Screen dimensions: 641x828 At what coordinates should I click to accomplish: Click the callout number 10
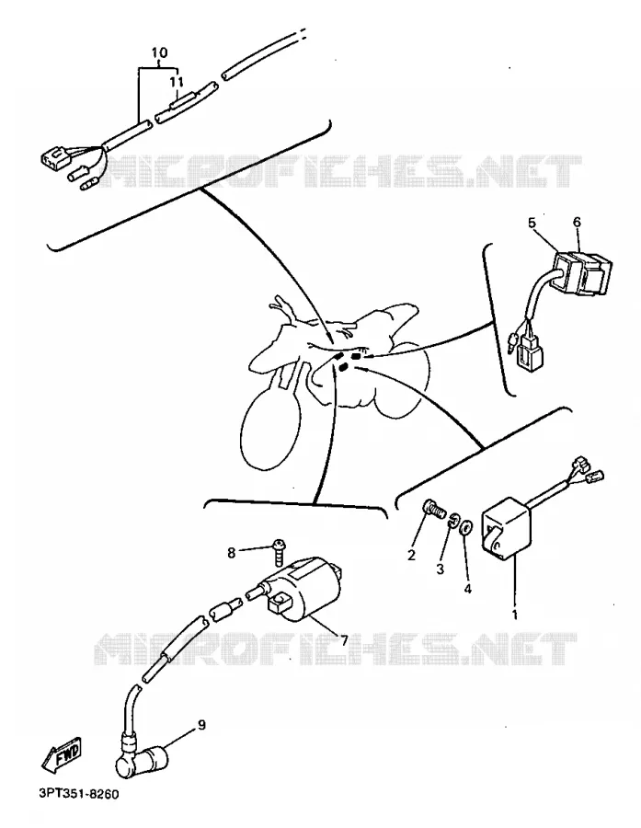[159, 52]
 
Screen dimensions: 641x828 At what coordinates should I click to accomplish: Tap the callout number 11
[177, 82]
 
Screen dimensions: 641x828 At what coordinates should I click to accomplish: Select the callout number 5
[532, 223]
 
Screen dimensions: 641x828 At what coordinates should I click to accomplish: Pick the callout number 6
[577, 223]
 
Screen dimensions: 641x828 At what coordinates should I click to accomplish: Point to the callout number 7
[344, 640]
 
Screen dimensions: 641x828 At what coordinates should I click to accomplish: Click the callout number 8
[231, 553]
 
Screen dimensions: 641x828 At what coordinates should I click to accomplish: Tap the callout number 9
[201, 725]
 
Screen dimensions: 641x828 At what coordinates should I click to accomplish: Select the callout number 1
[515, 615]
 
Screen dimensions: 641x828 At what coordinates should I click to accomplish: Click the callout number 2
[411, 555]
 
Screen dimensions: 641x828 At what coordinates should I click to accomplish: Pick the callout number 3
[440, 569]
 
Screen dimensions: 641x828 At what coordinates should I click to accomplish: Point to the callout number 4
[468, 588]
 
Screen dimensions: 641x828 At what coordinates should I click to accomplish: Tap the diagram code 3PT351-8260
[79, 794]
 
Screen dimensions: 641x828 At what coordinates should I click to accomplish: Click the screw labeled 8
[280, 552]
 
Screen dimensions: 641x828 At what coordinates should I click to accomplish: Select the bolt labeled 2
[433, 510]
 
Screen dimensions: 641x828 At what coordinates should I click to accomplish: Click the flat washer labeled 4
[466, 527]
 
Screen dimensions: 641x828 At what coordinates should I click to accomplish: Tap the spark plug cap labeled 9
[143, 759]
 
